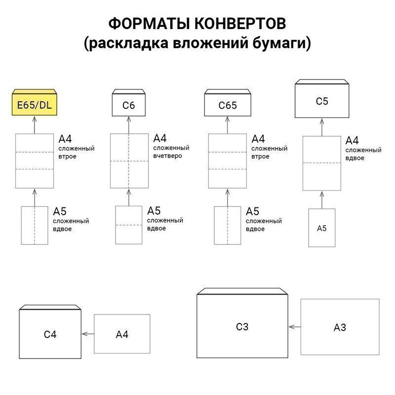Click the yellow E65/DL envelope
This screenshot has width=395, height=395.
pyautogui.click(x=35, y=102)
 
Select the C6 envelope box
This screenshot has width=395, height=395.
pyautogui.click(x=129, y=103)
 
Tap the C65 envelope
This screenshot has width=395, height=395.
pyautogui.click(x=228, y=103)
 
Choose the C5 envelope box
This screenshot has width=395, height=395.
pyautogui.click(x=322, y=98)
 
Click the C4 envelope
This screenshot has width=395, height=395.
pyautogui.click(x=50, y=331)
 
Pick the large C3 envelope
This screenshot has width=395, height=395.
pyautogui.click(x=242, y=323)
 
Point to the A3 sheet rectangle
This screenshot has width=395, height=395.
pyautogui.click(x=340, y=327)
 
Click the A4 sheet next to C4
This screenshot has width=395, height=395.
pyautogui.click(x=122, y=334)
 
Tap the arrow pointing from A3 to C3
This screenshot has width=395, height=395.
pyautogui.click(x=294, y=327)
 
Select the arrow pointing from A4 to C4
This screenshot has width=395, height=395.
pyautogui.click(x=88, y=334)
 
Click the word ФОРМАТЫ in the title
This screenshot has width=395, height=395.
pyautogui.click(x=149, y=23)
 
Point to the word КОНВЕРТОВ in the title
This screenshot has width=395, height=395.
pyautogui.click(x=240, y=23)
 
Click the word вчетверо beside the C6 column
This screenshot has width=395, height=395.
pyautogui.click(x=167, y=156)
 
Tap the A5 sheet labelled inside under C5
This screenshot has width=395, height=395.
pyautogui.click(x=322, y=228)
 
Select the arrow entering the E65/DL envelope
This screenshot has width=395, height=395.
pyautogui.click(x=35, y=125)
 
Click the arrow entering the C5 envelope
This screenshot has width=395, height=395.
pyautogui.click(x=322, y=127)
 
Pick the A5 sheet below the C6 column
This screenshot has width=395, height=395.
pyautogui.click(x=129, y=225)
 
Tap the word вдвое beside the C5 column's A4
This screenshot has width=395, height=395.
pyautogui.click(x=355, y=158)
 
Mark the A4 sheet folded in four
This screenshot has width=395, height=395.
pyautogui.click(x=129, y=161)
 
